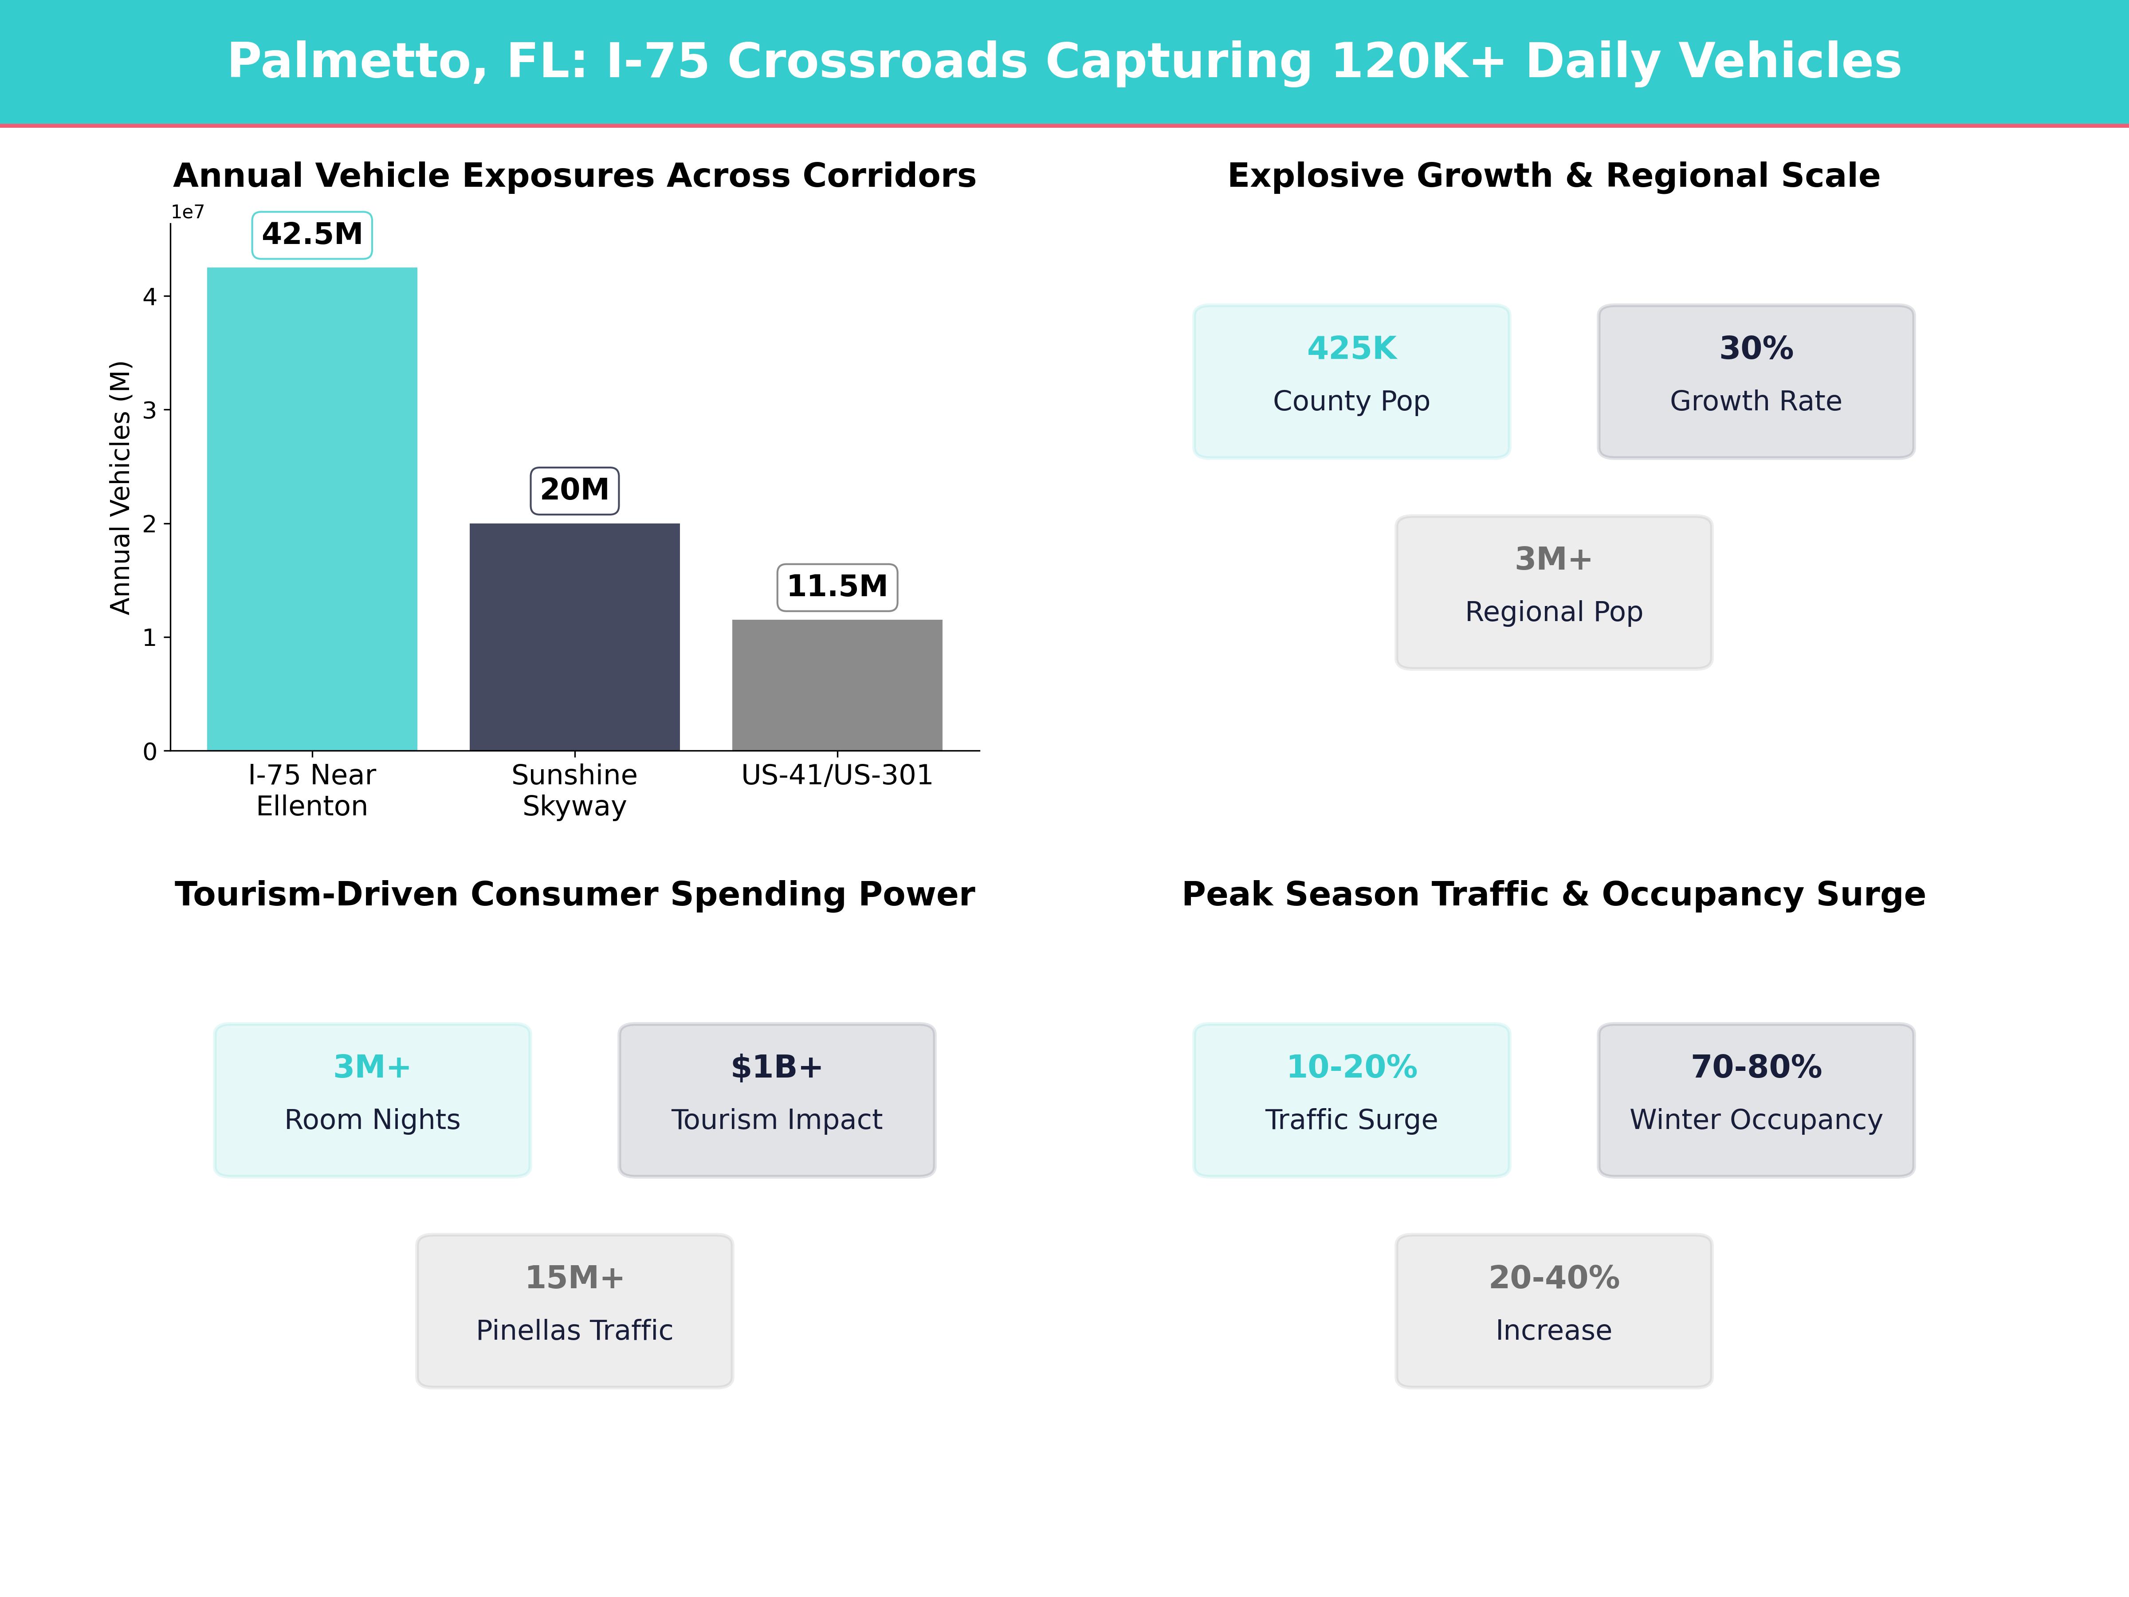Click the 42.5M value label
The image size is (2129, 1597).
click(312, 234)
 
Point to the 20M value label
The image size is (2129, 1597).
click(574, 490)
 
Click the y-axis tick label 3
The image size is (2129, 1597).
click(149, 410)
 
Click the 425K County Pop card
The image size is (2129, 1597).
click(1351, 381)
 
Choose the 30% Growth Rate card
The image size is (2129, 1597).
click(1756, 381)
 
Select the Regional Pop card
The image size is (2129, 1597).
click(1553, 592)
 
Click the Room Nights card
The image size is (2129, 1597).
click(373, 1099)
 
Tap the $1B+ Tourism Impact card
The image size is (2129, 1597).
click(777, 1099)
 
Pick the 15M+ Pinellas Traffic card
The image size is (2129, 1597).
click(574, 1310)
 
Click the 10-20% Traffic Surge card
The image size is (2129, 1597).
click(1351, 1099)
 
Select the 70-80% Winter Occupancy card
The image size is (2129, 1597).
click(1756, 1099)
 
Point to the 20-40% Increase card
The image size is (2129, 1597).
click(1553, 1310)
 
